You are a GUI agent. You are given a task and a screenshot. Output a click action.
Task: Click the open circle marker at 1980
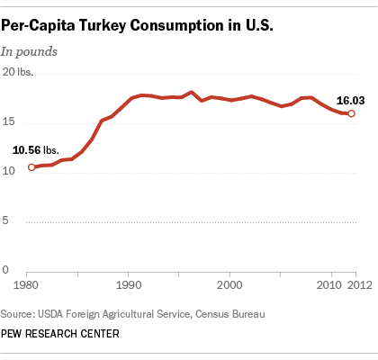[x=31, y=167]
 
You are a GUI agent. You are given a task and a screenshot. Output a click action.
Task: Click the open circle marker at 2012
[x=351, y=113]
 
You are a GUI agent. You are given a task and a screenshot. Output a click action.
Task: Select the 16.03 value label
[x=350, y=101]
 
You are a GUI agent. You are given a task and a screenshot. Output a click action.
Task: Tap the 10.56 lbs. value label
[x=36, y=150]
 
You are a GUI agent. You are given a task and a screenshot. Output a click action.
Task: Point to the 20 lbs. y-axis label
[x=18, y=72]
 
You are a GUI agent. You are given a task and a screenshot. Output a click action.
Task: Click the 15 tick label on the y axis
[x=8, y=121]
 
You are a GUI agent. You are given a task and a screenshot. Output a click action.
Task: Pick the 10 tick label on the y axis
[x=8, y=171]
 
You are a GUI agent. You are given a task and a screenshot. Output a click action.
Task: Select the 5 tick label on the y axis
[x=5, y=220]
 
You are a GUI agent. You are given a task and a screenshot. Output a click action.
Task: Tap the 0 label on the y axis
[x=5, y=270]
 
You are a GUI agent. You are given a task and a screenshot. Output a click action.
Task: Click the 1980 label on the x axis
[x=26, y=284]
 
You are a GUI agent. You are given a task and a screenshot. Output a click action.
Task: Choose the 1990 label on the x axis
[x=129, y=284]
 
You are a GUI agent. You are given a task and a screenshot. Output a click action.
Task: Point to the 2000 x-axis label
[x=229, y=284]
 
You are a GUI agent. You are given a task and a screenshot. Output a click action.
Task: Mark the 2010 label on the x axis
[x=329, y=284]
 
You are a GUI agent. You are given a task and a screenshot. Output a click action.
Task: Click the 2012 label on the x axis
[x=360, y=284]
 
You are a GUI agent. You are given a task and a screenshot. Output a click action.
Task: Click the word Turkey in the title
[x=103, y=26]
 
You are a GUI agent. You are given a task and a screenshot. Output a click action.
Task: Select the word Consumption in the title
[x=177, y=26]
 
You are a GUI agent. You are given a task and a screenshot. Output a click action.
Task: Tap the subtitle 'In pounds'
[x=29, y=51]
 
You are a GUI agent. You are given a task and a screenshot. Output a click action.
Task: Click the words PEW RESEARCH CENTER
[x=60, y=334]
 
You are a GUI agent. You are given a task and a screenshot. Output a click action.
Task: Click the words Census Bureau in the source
[x=230, y=314]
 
